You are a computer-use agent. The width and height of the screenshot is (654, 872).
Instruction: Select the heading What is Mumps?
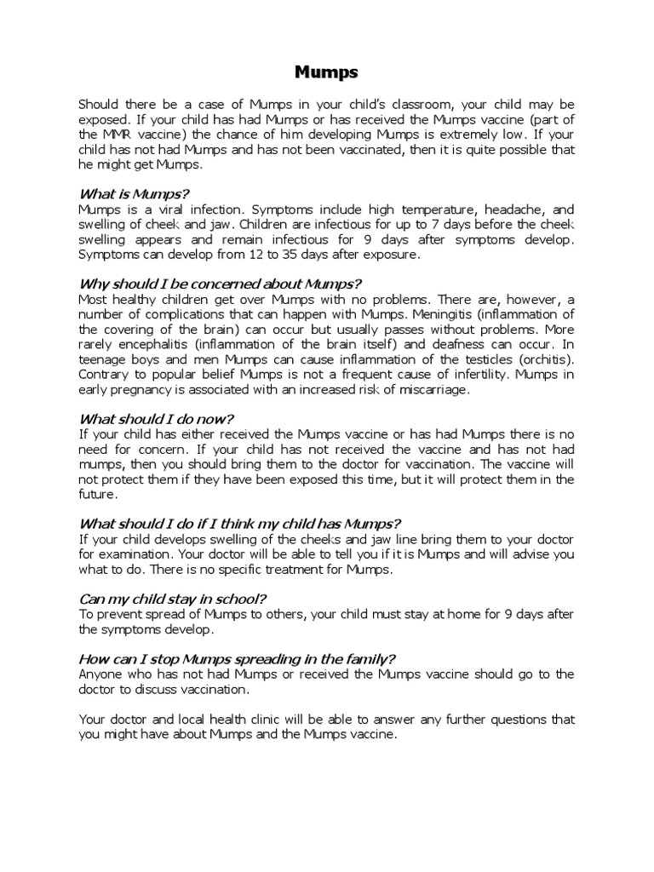[134, 193]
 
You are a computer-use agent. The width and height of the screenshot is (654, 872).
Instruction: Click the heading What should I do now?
[156, 418]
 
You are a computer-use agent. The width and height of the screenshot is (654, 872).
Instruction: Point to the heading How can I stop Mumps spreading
[237, 659]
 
